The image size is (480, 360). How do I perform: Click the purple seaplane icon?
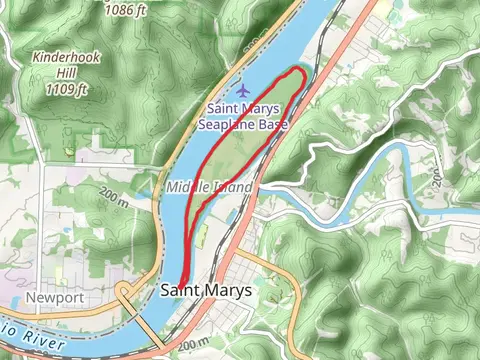coord(245,90)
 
